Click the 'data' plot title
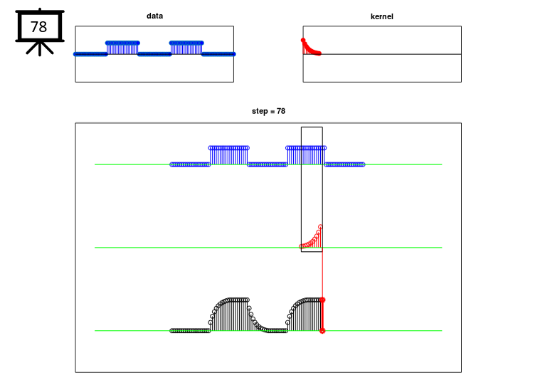(154, 16)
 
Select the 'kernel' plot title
(381, 16)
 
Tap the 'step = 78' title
(268, 111)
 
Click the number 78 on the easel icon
(38, 27)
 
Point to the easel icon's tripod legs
(40, 48)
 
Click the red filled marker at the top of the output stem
(322, 300)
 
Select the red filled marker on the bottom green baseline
(322, 331)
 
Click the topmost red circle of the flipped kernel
(320, 227)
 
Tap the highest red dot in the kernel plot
(303, 41)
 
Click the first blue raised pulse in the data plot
(122, 48)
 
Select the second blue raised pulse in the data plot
(186, 48)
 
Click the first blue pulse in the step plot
(228, 156)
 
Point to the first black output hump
(228, 314)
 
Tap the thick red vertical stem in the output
(322, 315)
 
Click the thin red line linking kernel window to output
(322, 275)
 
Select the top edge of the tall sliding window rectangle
(312, 127)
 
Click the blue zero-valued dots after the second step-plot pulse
(344, 164)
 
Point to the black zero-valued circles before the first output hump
(190, 331)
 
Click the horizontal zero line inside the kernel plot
(382, 54)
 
